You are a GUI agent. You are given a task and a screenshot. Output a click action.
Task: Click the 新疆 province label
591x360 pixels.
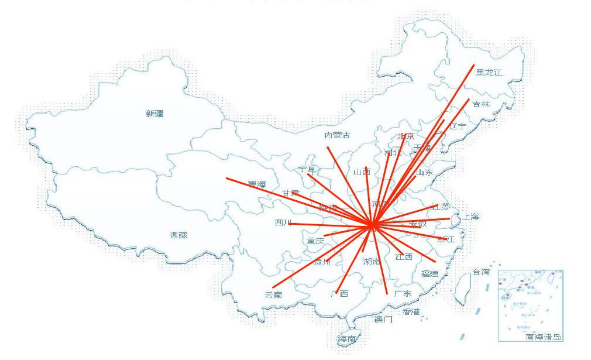tap(154, 114)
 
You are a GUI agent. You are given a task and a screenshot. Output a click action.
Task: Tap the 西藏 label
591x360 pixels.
tap(178, 235)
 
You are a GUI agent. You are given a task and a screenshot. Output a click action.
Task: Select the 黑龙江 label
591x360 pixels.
tap(489, 73)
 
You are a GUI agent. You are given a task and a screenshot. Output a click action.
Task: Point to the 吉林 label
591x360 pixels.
tap(481, 104)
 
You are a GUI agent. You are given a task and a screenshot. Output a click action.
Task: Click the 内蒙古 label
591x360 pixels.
tap(337, 135)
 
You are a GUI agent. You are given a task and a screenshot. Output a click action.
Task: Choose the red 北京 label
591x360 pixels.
tap(405, 136)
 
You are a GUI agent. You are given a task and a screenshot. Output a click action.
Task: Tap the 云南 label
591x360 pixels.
tap(273, 295)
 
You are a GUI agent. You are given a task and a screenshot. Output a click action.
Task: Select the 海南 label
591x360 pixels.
tap(346, 339)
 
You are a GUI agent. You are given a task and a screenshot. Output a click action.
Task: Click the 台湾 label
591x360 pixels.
tap(481, 272)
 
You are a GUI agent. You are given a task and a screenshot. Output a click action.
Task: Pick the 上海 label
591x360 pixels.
tap(470, 217)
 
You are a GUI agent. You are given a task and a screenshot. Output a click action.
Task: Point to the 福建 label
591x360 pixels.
tap(429, 273)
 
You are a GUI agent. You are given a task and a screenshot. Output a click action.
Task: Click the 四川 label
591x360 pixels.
tap(283, 222)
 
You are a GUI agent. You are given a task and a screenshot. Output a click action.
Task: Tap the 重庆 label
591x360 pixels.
tap(315, 241)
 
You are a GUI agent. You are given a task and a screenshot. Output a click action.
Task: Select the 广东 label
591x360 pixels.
tap(403, 293)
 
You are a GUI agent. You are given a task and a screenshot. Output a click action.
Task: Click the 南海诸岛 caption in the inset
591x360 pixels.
tap(543, 337)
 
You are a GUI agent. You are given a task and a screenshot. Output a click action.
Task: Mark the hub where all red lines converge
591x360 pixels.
tap(372, 224)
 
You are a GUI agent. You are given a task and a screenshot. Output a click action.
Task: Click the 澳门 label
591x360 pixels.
tap(383, 319)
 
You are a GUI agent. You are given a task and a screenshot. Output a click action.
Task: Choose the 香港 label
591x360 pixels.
tap(411, 311)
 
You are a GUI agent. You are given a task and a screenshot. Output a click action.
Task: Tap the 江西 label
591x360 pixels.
tap(404, 256)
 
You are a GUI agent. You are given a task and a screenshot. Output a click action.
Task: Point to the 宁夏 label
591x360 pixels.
tap(307, 169)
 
